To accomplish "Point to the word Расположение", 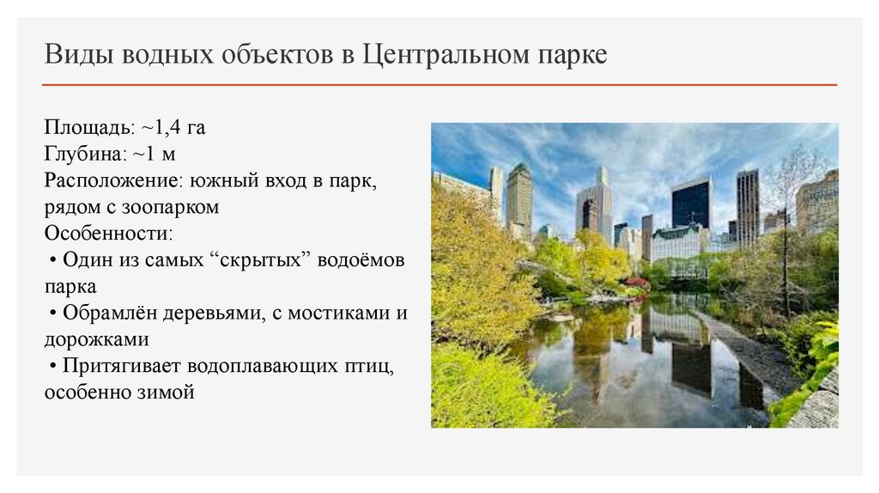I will pyautogui.click(x=107, y=181).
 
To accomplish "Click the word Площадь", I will pyautogui.click(x=89, y=129).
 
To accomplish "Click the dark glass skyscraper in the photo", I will pyautogui.click(x=691, y=204).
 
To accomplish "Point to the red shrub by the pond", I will pyautogui.click(x=636, y=283).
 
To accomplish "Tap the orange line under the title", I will pyautogui.click(x=439, y=85).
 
